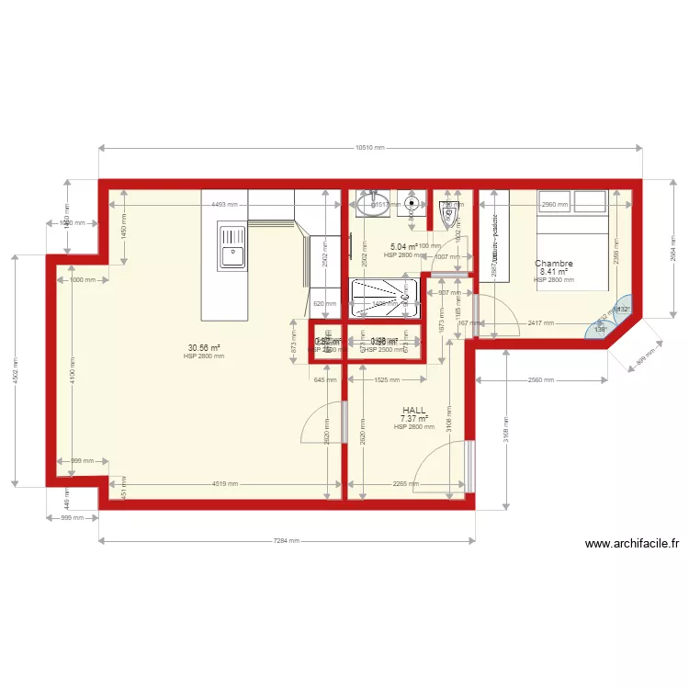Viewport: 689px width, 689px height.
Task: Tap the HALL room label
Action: pyautogui.click(x=413, y=411)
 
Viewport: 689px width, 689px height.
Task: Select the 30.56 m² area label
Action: pyautogui.click(x=204, y=348)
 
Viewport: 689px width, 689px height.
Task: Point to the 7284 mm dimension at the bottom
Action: pyautogui.click(x=287, y=540)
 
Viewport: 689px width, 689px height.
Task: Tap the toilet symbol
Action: pyautogui.click(x=449, y=214)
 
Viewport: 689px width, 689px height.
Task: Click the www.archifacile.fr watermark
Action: pyautogui.click(x=632, y=544)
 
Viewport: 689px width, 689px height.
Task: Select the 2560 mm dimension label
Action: pyautogui.click(x=542, y=379)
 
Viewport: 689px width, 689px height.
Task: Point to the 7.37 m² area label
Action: pyautogui.click(x=413, y=419)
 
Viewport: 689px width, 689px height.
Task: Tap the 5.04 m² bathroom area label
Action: pyautogui.click(x=403, y=247)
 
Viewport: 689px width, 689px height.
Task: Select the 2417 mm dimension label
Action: pyautogui.click(x=540, y=322)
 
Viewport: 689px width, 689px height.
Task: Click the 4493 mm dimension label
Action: pyautogui.click(x=224, y=205)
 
